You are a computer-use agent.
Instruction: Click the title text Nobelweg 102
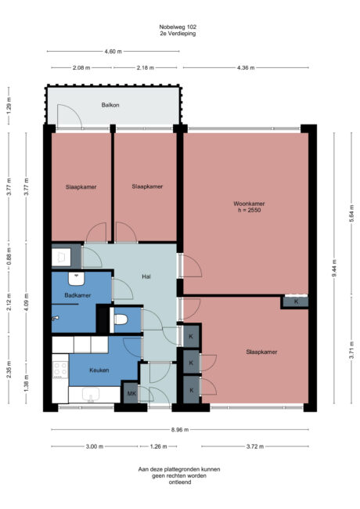[x=179, y=27]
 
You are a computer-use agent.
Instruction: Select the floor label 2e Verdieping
[x=179, y=34]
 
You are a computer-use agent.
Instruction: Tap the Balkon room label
[x=110, y=104]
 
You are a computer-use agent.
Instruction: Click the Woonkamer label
[x=249, y=204]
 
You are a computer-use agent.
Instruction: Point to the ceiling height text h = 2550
[x=249, y=211]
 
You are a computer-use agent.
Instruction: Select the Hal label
[x=146, y=277]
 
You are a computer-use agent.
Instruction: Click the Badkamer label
[x=77, y=295]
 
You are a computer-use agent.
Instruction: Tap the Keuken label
[x=99, y=370]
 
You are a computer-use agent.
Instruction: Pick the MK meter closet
[x=131, y=394]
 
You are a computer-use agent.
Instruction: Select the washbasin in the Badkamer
[x=76, y=276]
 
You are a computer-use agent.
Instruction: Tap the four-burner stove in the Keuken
[x=59, y=366]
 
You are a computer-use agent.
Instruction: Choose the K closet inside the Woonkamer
[x=295, y=301]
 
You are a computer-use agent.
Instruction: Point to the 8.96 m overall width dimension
[x=179, y=429]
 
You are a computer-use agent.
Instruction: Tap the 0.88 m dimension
[x=9, y=255]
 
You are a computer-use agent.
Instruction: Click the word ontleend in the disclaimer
[x=179, y=482]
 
